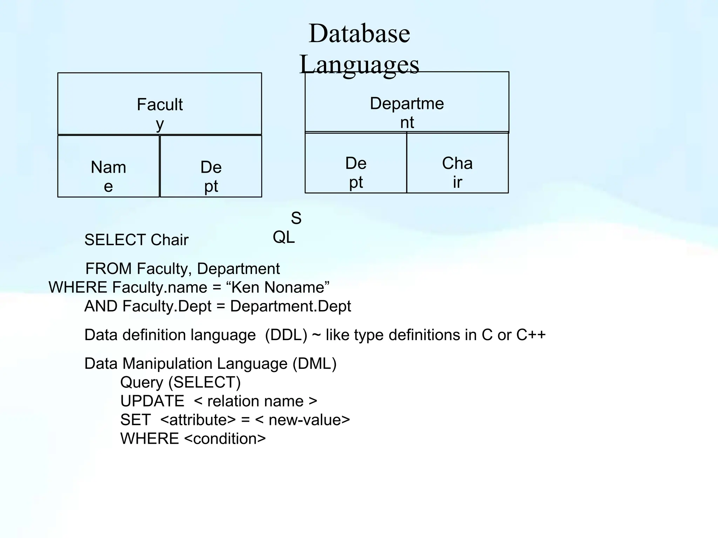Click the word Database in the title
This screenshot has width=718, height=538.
tap(359, 34)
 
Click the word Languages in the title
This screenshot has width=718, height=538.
tap(359, 64)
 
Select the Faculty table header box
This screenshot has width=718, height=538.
tap(160, 104)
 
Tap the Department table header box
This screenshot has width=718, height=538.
tap(407, 102)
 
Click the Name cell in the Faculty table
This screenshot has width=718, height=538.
tap(108, 167)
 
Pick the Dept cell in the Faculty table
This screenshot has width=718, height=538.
tap(211, 167)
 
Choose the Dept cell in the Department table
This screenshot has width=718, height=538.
tap(356, 163)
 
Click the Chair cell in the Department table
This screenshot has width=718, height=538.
tap(458, 163)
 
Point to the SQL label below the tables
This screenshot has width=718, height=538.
tap(286, 228)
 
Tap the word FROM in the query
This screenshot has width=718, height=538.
tap(109, 269)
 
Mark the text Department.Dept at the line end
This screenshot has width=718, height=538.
tap(290, 306)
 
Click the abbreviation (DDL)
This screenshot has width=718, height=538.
tap(286, 335)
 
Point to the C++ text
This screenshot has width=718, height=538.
tap(531, 335)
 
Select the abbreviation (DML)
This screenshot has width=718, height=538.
tap(314, 364)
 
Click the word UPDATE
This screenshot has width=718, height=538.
tap(152, 401)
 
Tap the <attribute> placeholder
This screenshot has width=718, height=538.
tap(198, 420)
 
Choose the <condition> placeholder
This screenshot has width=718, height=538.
tap(225, 439)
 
